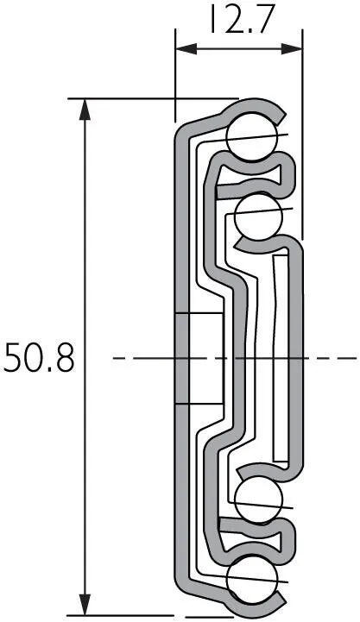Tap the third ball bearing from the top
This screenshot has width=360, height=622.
[256, 499]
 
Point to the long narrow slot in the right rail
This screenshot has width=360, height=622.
[280, 358]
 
